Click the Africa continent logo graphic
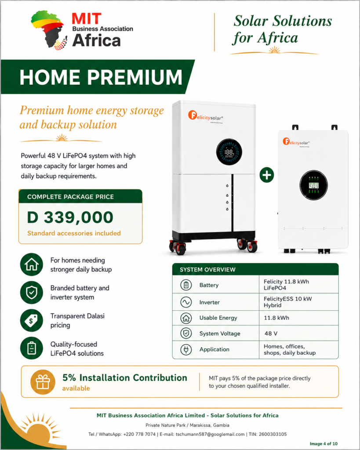[49, 30]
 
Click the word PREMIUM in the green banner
[135, 77]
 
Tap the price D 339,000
[70, 217]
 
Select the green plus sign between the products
[267, 175]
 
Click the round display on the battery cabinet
[229, 152]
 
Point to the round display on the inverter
[313, 185]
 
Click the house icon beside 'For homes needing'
[32, 264]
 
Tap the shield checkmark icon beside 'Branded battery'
[32, 292]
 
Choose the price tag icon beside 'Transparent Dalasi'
[32, 320]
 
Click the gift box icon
[43, 382]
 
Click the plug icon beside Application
[186, 349]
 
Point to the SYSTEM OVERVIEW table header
[255, 269]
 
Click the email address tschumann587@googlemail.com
[210, 434]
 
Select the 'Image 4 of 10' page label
[324, 444]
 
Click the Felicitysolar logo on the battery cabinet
[206, 116]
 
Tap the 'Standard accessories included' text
[74, 233]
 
